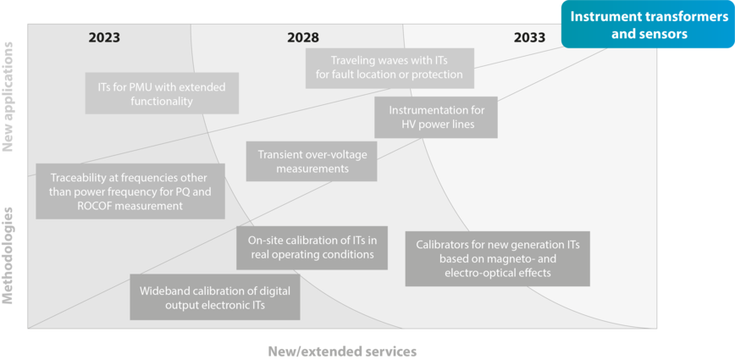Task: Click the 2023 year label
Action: pos(104,37)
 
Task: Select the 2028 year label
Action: pos(303,37)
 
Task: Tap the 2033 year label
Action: pos(530,37)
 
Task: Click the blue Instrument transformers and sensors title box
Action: pos(648,25)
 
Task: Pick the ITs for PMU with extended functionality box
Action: pos(162,93)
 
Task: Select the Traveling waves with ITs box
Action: pos(390,68)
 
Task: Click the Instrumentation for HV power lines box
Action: pos(436,117)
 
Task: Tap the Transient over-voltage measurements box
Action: pos(312,161)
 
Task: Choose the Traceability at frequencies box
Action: pos(130,191)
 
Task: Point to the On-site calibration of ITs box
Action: pos(312,248)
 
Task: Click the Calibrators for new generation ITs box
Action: pos(497,258)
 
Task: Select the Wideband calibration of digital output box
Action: pos(215,297)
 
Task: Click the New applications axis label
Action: pos(8,97)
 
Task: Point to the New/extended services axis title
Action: pos(342,351)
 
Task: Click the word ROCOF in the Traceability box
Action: pos(92,205)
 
